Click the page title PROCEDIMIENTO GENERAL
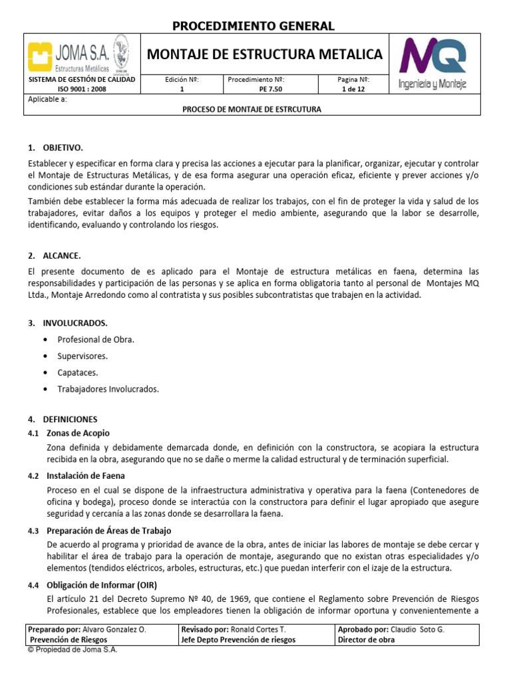click(x=254, y=27)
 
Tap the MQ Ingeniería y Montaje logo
click(x=432, y=64)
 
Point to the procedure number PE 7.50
click(x=255, y=89)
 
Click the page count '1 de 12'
click(x=353, y=89)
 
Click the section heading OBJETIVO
click(x=63, y=147)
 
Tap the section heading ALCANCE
click(x=62, y=255)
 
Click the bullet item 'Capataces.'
click(x=78, y=372)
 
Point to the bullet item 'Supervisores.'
click(x=83, y=356)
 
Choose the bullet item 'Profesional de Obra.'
click(x=96, y=339)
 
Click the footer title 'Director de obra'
click(x=366, y=640)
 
